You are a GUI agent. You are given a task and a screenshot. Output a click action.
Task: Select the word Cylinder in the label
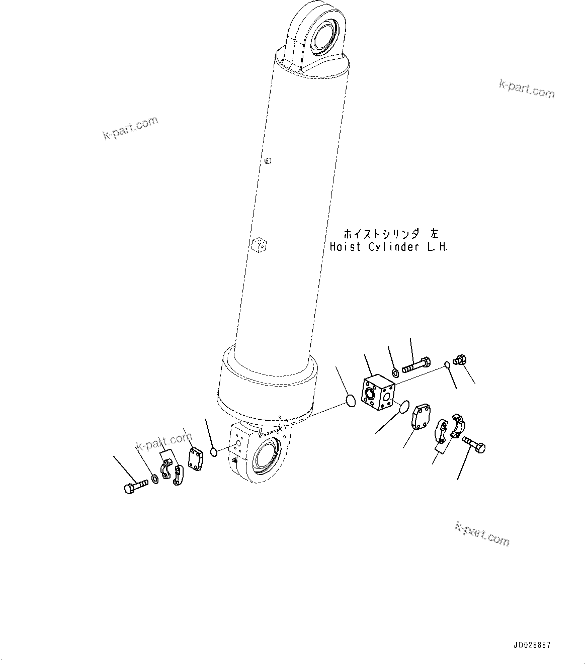(393, 247)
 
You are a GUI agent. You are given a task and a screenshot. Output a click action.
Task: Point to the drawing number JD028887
(532, 645)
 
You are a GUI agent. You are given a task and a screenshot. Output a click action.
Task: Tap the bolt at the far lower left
(134, 486)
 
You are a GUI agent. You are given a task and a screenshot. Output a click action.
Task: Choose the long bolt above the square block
(416, 365)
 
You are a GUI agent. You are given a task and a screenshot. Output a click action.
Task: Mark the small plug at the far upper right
(460, 360)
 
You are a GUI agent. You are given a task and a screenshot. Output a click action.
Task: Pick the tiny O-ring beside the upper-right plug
(447, 365)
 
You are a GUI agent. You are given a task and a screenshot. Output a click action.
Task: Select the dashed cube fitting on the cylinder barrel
(259, 245)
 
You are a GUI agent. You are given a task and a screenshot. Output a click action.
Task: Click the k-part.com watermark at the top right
(527, 89)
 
